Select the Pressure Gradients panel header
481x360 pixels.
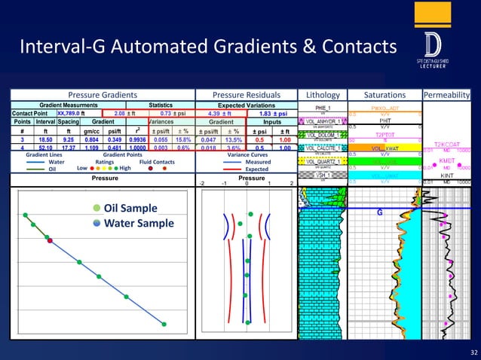(103, 95)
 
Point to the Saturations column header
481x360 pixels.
(384, 95)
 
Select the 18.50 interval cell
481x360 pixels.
(45, 139)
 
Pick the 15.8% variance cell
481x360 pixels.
(182, 139)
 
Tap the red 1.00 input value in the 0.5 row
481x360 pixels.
(285, 139)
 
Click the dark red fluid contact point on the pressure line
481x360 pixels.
(50, 241)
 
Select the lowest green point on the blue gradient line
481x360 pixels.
(164, 324)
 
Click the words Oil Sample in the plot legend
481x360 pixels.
(131, 208)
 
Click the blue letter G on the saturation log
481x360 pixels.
(380, 212)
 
